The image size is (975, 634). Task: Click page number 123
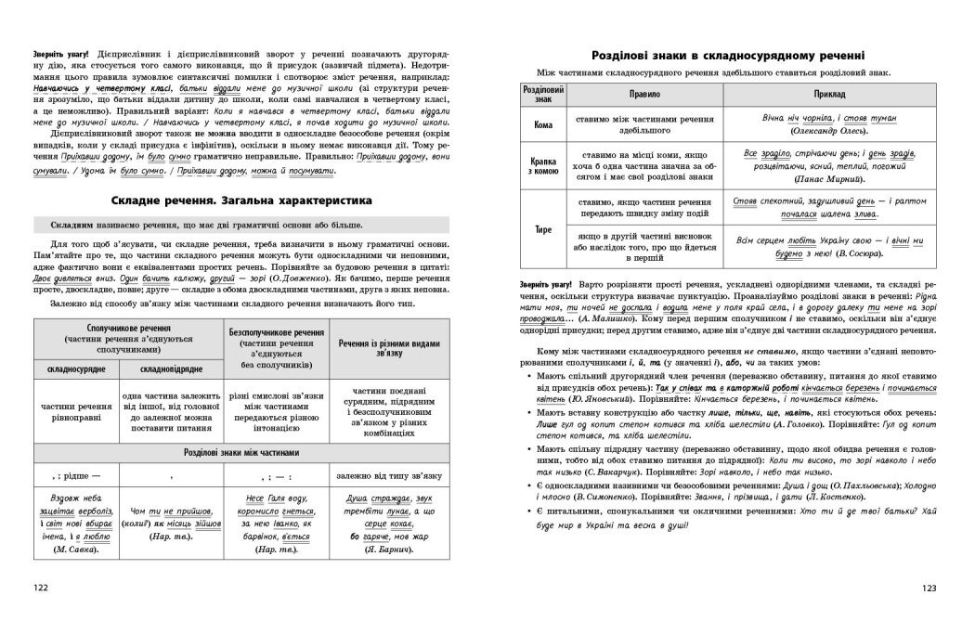coord(933,589)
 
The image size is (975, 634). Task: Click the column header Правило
coord(641,96)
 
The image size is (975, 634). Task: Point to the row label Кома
coord(543,124)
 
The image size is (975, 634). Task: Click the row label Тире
coord(543,228)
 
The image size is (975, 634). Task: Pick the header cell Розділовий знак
coord(543,96)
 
